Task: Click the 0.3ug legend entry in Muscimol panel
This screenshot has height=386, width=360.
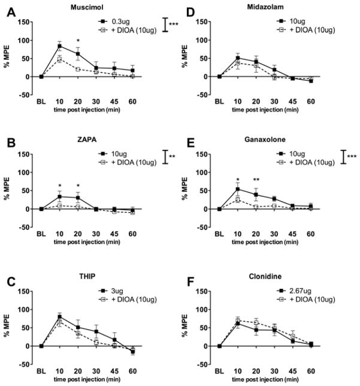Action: pos(119,22)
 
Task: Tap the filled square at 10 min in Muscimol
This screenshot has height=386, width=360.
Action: pos(59,46)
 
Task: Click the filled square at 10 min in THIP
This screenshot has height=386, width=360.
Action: pos(59,316)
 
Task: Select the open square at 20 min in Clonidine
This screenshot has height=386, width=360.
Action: pos(256,322)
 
